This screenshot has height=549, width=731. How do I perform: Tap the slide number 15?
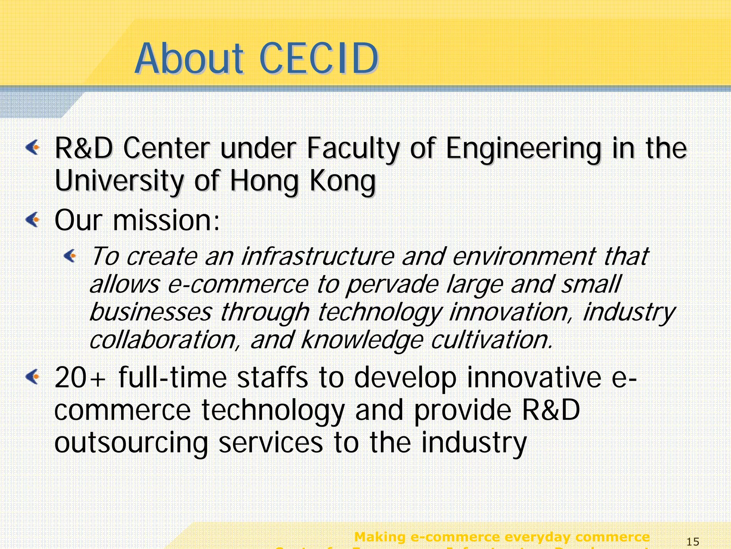tap(693, 542)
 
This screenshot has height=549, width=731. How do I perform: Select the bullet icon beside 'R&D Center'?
tap(33, 147)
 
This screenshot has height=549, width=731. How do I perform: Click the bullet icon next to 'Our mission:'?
tap(33, 219)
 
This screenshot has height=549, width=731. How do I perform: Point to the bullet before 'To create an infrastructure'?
tap(70, 255)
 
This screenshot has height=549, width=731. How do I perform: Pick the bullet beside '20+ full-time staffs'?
tap(33, 377)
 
